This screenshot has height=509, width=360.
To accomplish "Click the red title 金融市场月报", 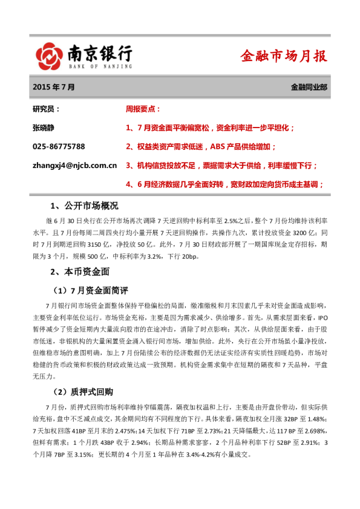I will pyautogui.click(x=284, y=56).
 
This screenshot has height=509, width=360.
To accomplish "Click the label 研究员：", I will pyautogui.click(x=46, y=109).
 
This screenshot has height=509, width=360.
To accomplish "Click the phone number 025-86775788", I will pyautogui.click(x=58, y=146).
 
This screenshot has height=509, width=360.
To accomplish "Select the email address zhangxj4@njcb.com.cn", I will pyautogui.click(x=74, y=164).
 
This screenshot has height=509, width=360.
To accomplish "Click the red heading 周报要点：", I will pyautogui.click(x=143, y=109).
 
